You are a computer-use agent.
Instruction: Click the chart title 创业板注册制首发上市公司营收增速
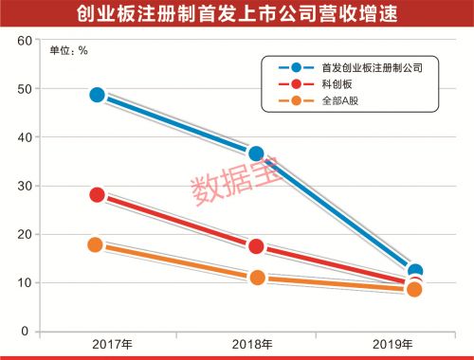(x=237, y=14)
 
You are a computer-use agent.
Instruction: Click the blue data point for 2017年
(x=97, y=95)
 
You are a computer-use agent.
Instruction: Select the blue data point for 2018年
(x=256, y=153)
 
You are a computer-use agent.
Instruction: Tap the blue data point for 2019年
(x=414, y=272)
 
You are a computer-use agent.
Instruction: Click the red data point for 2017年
(x=97, y=194)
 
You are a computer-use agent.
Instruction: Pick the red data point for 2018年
(x=256, y=246)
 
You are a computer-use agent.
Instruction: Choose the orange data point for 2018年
(x=256, y=278)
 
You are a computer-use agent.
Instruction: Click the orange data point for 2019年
(x=414, y=289)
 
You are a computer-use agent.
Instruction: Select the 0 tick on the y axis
(x=27, y=332)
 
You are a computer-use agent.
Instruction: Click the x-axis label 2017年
(x=97, y=346)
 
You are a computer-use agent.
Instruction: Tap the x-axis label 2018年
(x=256, y=346)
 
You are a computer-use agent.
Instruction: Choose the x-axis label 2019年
(x=414, y=346)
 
